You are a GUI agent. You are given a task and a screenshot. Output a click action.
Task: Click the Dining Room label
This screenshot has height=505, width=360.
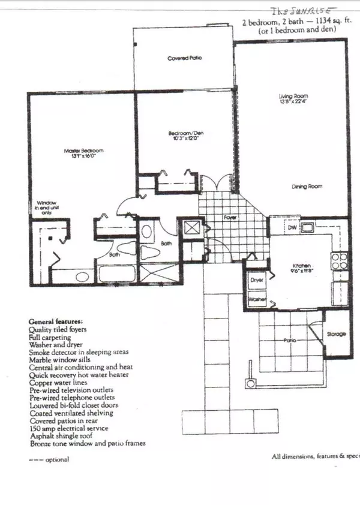[x=307, y=187]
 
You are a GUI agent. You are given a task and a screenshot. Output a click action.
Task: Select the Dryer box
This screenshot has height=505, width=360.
[x=257, y=280]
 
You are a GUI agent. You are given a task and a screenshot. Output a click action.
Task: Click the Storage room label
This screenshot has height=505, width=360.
[x=337, y=333]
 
